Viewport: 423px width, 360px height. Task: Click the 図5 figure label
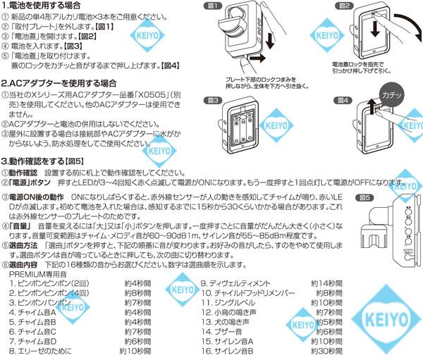point(364,198)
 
